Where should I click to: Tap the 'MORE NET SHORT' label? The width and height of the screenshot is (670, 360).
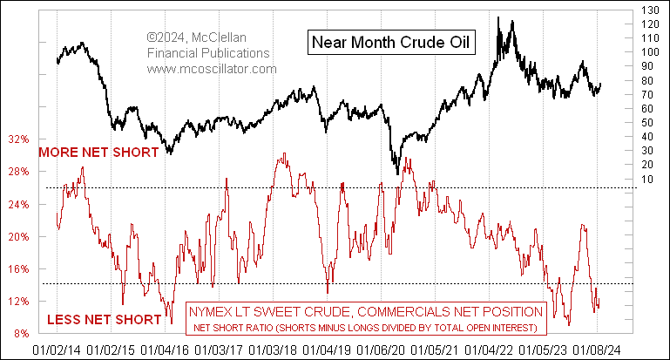pos(97,152)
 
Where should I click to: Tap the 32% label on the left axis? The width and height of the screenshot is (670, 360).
pos(20,139)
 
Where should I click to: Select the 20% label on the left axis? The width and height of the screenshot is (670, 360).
pos(20,237)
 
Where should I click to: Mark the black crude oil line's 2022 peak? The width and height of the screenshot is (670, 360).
pos(497,17)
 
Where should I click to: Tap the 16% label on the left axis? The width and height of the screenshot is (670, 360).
pos(20,269)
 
